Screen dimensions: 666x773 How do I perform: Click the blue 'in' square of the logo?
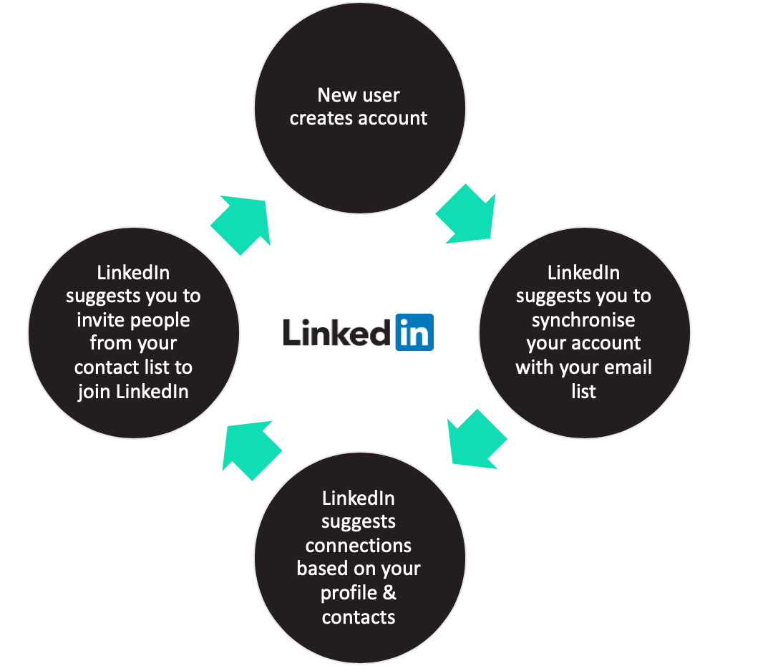point(414,332)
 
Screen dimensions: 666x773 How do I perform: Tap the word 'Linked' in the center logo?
point(337,332)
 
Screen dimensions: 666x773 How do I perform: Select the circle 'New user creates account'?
point(360,108)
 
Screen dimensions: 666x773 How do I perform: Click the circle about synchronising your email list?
point(584,332)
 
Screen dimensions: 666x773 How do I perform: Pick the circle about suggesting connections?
point(360,558)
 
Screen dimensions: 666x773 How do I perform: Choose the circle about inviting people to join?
point(134,332)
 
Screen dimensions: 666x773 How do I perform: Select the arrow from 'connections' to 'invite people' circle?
point(250,450)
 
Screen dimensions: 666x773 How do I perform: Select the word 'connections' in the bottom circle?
point(358,545)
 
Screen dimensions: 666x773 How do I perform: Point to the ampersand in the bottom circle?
point(389,593)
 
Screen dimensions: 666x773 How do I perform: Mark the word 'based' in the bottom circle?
point(321,569)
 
